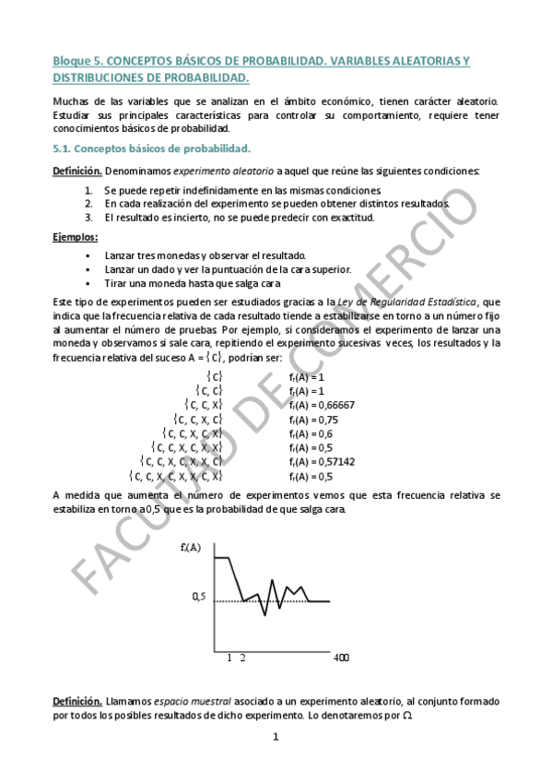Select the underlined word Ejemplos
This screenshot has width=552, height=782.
coord(75,237)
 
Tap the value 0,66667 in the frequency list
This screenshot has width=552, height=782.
coord(335,404)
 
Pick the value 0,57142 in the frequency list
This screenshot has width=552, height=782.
coord(335,461)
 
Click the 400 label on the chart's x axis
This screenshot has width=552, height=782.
coord(340,658)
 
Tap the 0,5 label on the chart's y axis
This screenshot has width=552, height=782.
coord(198,597)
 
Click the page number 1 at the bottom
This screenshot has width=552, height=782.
coord(276,737)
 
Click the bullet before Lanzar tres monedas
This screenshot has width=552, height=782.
coord(88,255)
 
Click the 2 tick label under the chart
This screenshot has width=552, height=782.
coord(243,658)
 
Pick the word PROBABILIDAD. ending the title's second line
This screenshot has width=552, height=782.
coord(208,78)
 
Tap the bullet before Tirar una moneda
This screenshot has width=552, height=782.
coord(88,283)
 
